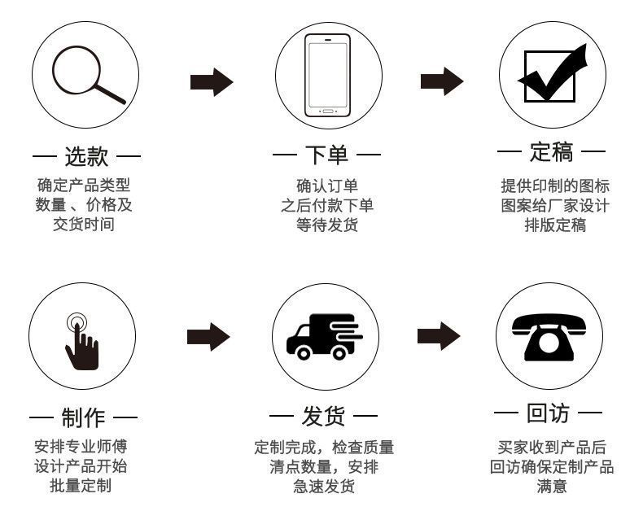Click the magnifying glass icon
(87, 76)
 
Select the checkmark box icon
(553, 75)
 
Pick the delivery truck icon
(324, 336)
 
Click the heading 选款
(86, 155)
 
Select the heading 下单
(327, 155)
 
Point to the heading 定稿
(551, 153)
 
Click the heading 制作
(83, 418)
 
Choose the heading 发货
(324, 417)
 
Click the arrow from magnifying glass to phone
(212, 81)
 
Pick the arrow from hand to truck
(208, 336)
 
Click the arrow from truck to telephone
(439, 335)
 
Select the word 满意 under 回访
(552, 487)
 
